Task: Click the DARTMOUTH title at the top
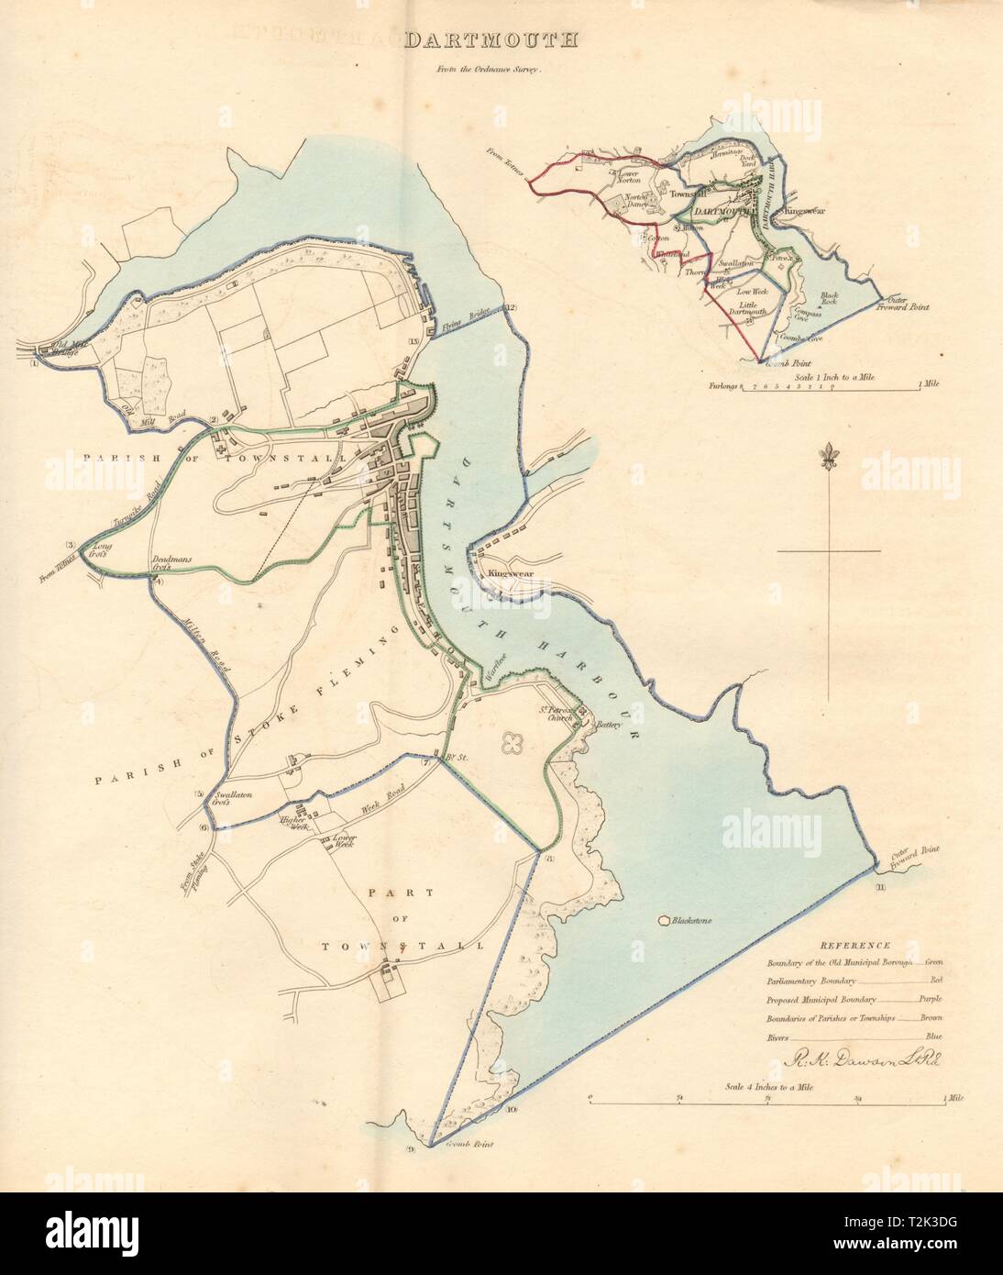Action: [x=491, y=39]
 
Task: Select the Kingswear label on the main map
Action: [x=511, y=573]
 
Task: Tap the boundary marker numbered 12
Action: [x=511, y=307]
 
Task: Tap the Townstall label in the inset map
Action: [x=688, y=194]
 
